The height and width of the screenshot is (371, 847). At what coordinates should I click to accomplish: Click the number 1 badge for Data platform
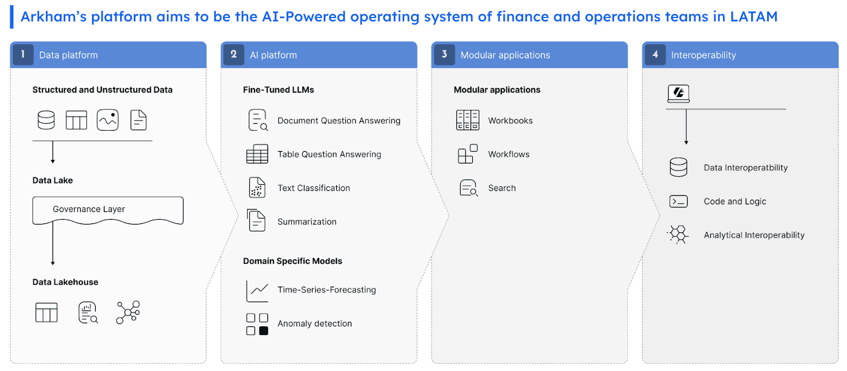pyautogui.click(x=23, y=55)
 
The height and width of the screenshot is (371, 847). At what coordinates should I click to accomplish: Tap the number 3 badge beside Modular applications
pyautogui.click(x=444, y=55)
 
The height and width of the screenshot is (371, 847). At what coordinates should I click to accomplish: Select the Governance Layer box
pyautogui.click(x=108, y=210)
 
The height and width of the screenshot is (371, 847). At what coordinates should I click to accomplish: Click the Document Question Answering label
pyautogui.click(x=339, y=121)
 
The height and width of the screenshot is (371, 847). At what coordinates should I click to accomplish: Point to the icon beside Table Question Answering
pyautogui.click(x=257, y=154)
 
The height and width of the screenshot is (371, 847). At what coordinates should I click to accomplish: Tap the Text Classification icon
pyautogui.click(x=257, y=187)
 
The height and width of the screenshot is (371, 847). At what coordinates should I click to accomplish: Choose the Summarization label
pyautogui.click(x=307, y=222)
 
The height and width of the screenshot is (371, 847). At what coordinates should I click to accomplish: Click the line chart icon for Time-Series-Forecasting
pyautogui.click(x=257, y=291)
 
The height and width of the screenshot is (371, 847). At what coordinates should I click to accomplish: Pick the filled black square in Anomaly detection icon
pyautogui.click(x=264, y=331)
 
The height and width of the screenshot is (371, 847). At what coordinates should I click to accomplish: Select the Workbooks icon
pyautogui.click(x=468, y=120)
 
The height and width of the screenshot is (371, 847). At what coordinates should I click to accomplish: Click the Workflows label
pyautogui.click(x=509, y=155)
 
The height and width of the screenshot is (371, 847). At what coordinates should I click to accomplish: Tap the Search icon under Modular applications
pyautogui.click(x=469, y=188)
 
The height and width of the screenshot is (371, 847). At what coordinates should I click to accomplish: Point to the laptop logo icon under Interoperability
pyautogui.click(x=678, y=94)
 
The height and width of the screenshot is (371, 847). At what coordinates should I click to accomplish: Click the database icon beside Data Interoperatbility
pyautogui.click(x=678, y=167)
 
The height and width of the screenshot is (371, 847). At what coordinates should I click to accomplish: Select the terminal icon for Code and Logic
pyautogui.click(x=678, y=201)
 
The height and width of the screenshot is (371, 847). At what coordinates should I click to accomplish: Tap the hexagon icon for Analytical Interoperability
pyautogui.click(x=678, y=234)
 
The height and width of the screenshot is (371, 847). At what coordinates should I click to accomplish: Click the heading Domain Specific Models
pyautogui.click(x=292, y=261)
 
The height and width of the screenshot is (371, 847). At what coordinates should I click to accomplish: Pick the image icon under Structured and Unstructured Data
pyautogui.click(x=108, y=120)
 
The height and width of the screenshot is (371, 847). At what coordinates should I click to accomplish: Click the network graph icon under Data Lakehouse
pyautogui.click(x=128, y=312)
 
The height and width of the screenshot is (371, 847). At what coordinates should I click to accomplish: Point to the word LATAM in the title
pyautogui.click(x=754, y=16)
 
